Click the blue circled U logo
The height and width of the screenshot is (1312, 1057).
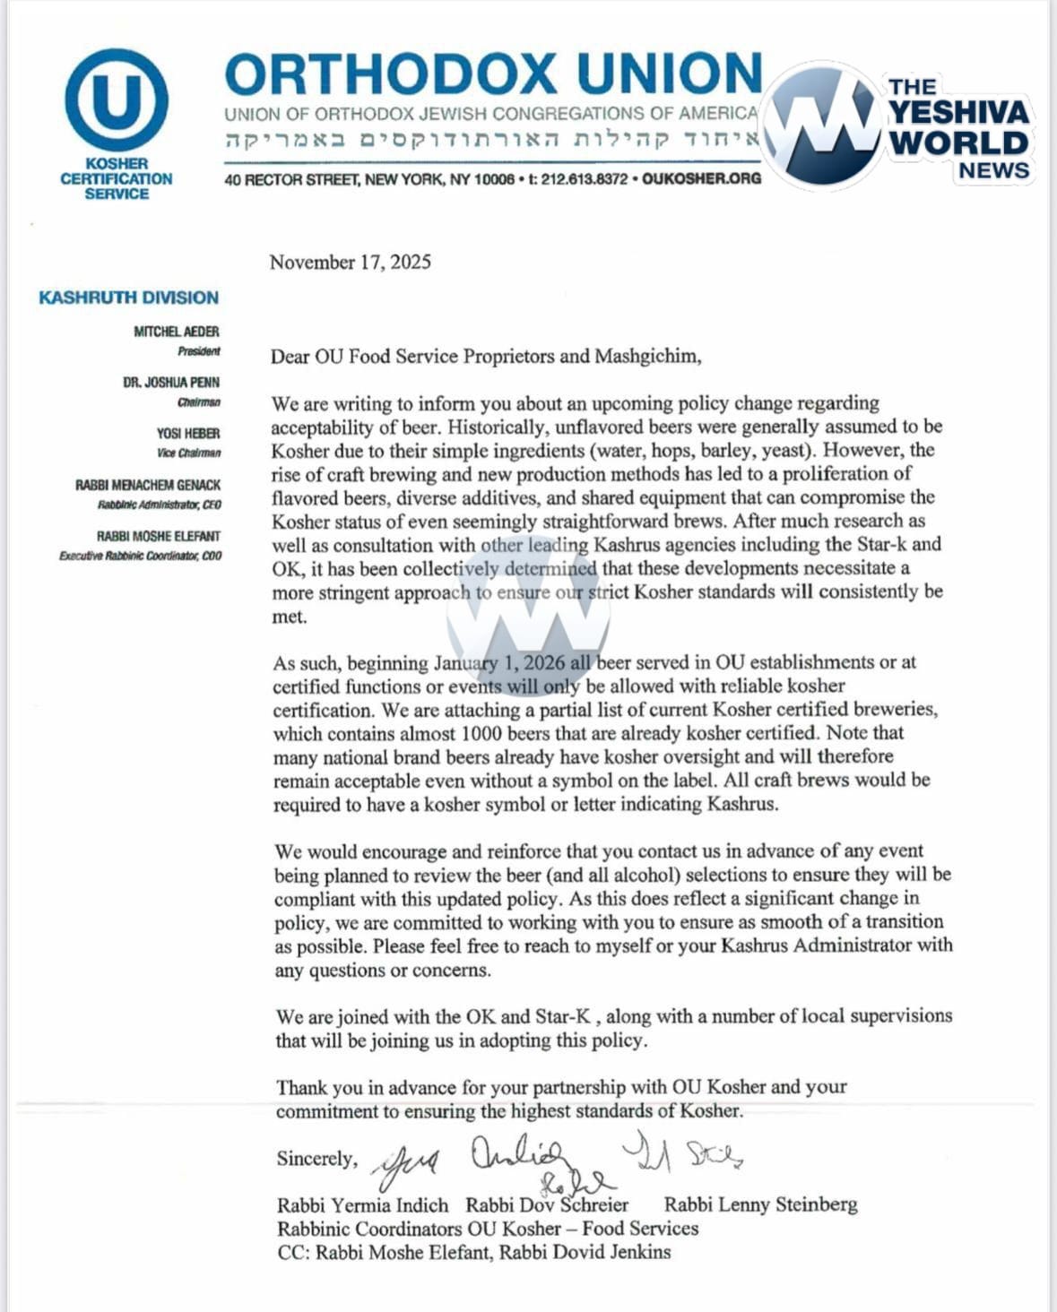click(x=117, y=99)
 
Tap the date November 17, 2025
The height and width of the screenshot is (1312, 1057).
click(x=350, y=262)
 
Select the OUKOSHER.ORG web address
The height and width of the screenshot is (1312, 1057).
click(x=701, y=178)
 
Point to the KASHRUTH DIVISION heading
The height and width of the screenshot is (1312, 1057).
click(x=128, y=298)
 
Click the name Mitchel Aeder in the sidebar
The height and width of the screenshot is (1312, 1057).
click(x=177, y=332)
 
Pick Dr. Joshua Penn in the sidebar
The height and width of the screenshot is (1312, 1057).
click(x=171, y=382)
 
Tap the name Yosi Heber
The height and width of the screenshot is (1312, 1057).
click(x=188, y=433)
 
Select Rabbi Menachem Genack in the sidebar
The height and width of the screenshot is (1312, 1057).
click(x=148, y=485)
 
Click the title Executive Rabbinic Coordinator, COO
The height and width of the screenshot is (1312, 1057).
click(x=141, y=556)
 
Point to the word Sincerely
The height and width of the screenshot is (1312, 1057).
click(x=316, y=1158)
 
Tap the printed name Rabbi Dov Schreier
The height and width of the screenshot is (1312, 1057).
click(x=547, y=1204)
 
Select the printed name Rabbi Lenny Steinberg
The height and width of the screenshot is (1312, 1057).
click(x=760, y=1204)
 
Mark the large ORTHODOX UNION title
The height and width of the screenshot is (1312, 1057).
click(x=493, y=74)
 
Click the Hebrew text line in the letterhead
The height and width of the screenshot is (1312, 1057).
click(x=491, y=140)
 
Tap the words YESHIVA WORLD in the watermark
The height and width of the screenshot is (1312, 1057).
click(x=958, y=127)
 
